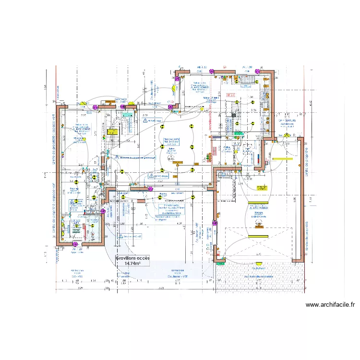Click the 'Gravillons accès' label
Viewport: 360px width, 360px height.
click(x=133, y=258)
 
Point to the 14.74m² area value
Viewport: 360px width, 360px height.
click(x=132, y=264)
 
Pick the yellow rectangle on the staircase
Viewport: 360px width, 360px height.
click(x=115, y=131)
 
